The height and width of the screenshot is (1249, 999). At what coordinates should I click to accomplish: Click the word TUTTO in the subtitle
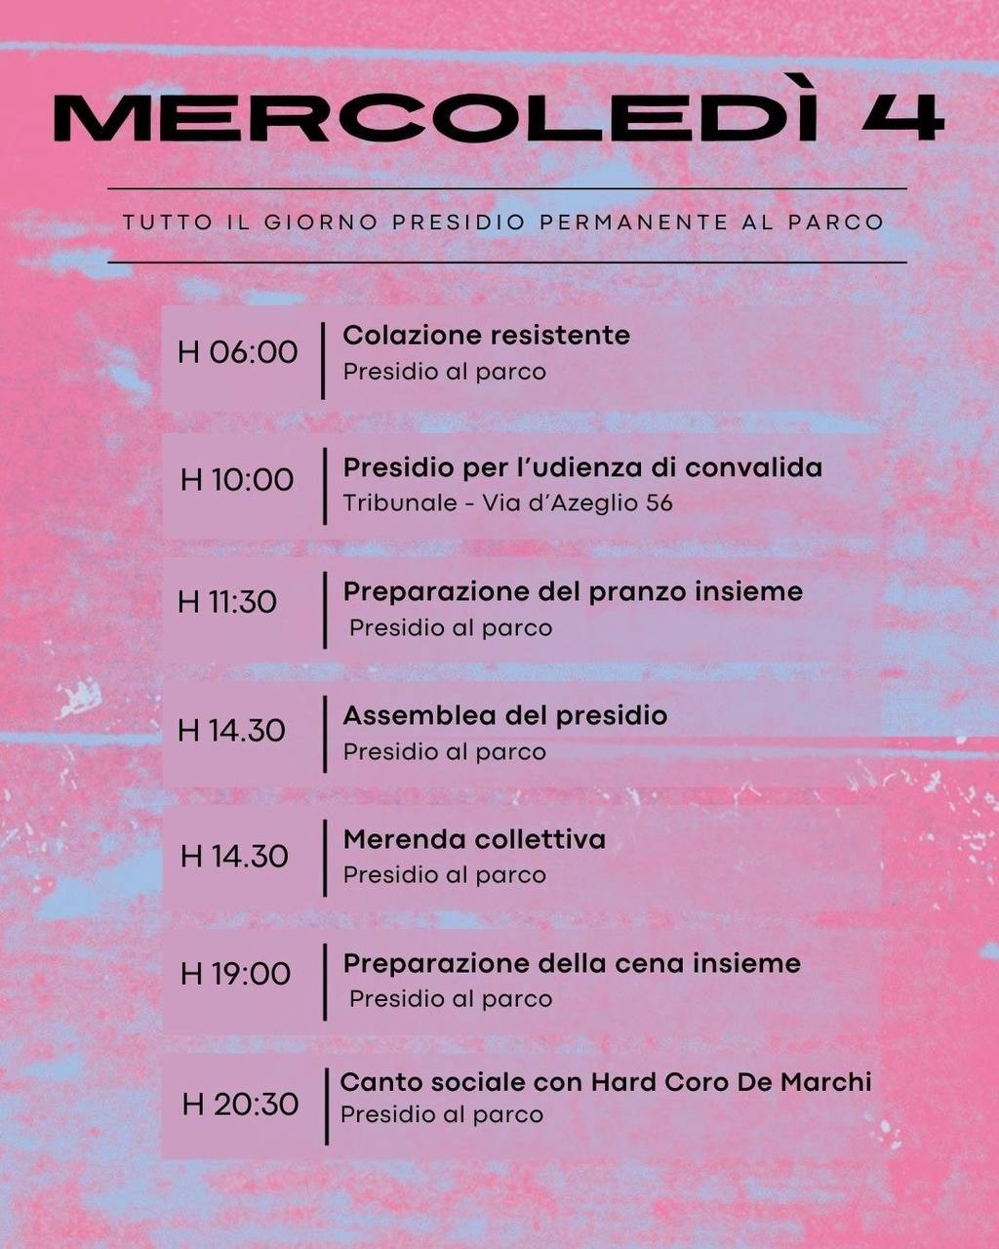167,222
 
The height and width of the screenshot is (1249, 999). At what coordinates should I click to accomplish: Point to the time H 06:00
237,351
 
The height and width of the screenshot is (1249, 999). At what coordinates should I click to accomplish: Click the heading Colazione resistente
486,336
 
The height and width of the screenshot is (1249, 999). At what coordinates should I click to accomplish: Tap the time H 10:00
237,479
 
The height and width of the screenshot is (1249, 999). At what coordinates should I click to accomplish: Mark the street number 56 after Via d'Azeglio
659,504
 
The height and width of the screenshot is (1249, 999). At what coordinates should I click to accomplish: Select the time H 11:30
227,602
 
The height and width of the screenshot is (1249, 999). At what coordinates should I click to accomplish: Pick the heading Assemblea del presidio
504,715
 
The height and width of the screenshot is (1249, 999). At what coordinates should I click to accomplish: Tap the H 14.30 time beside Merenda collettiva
234,857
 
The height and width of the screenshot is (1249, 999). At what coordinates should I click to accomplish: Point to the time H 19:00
235,973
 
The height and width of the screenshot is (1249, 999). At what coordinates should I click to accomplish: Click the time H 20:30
240,1104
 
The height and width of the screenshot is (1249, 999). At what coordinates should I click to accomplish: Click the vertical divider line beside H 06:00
323,360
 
